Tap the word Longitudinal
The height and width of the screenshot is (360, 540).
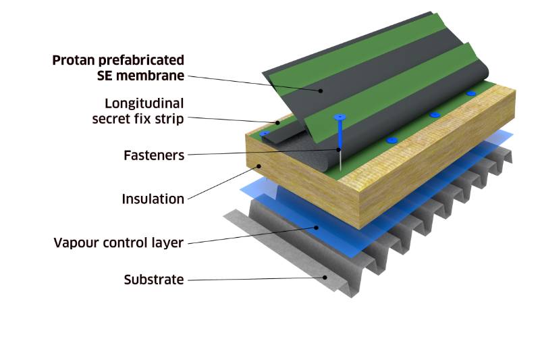(144, 103)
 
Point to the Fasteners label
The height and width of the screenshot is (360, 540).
(154, 155)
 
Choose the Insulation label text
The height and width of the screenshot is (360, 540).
(153, 199)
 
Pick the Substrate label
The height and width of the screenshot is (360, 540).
(153, 279)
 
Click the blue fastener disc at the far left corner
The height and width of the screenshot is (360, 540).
(265, 133)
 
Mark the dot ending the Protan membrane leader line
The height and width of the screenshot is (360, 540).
(321, 91)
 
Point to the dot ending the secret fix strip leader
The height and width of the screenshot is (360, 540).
(277, 122)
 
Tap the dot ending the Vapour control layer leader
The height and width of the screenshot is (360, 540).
(317, 228)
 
